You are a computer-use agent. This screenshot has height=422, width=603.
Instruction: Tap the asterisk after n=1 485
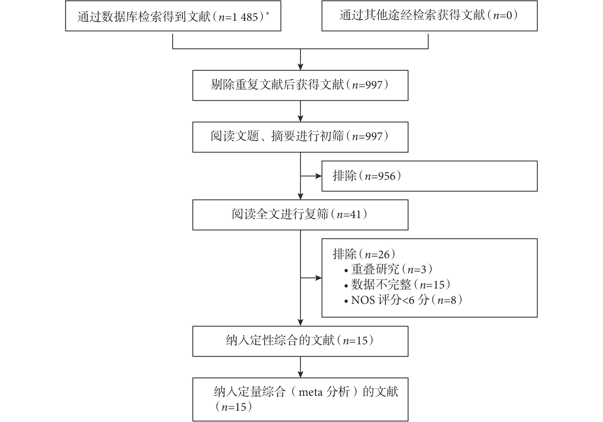click(267, 13)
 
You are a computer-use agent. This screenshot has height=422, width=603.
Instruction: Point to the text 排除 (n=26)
click(364, 254)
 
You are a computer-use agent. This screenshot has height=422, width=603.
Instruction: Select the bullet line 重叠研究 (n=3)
click(389, 269)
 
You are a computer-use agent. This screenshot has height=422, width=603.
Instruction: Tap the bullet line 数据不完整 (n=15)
click(397, 284)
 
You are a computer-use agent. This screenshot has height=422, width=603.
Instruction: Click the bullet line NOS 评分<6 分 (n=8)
click(403, 300)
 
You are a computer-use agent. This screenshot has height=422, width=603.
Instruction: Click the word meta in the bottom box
click(311, 392)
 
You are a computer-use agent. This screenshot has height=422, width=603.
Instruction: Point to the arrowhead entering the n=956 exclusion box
click(319, 176)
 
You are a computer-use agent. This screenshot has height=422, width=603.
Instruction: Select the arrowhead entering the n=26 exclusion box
click(319, 278)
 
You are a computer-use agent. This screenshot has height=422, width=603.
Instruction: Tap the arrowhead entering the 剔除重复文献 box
click(300, 67)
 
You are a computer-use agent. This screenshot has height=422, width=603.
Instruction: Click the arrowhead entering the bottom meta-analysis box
click(300, 375)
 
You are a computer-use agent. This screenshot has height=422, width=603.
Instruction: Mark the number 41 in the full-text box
click(355, 214)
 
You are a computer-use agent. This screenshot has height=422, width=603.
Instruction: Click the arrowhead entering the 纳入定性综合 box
click(300, 323)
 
